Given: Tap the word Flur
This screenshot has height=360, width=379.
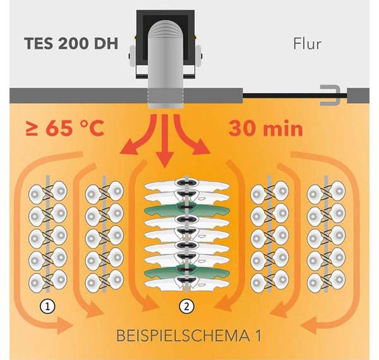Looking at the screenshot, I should (308, 44).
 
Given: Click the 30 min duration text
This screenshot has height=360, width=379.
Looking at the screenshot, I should (265, 129).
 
